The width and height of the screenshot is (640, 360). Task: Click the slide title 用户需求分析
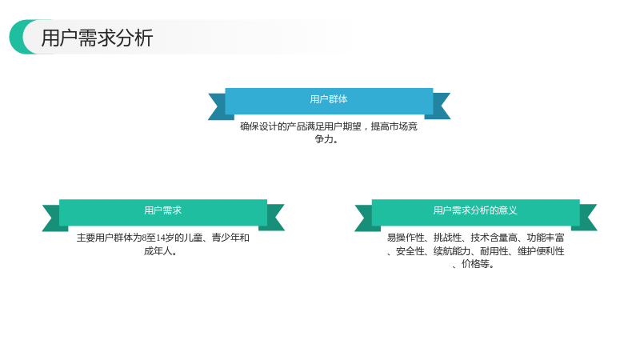97,38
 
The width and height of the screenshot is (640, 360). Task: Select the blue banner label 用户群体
329,99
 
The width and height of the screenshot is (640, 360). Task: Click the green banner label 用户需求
163,210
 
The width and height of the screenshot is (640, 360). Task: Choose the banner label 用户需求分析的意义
475,210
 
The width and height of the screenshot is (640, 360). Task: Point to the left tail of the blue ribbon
219,106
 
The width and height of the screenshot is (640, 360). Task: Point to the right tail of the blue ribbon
439,106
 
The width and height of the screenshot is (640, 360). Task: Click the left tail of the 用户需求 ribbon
53,218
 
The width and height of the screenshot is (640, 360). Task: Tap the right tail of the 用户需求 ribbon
274,218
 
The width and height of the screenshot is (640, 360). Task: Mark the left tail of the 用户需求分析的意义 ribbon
366,218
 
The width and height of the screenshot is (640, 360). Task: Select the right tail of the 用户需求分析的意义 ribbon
586,218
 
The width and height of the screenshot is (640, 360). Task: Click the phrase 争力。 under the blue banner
326,139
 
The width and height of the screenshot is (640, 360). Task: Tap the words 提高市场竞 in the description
394,126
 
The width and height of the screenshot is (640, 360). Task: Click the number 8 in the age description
144,238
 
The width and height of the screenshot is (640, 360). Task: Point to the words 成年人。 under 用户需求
161,251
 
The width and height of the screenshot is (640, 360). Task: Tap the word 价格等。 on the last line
478,264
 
